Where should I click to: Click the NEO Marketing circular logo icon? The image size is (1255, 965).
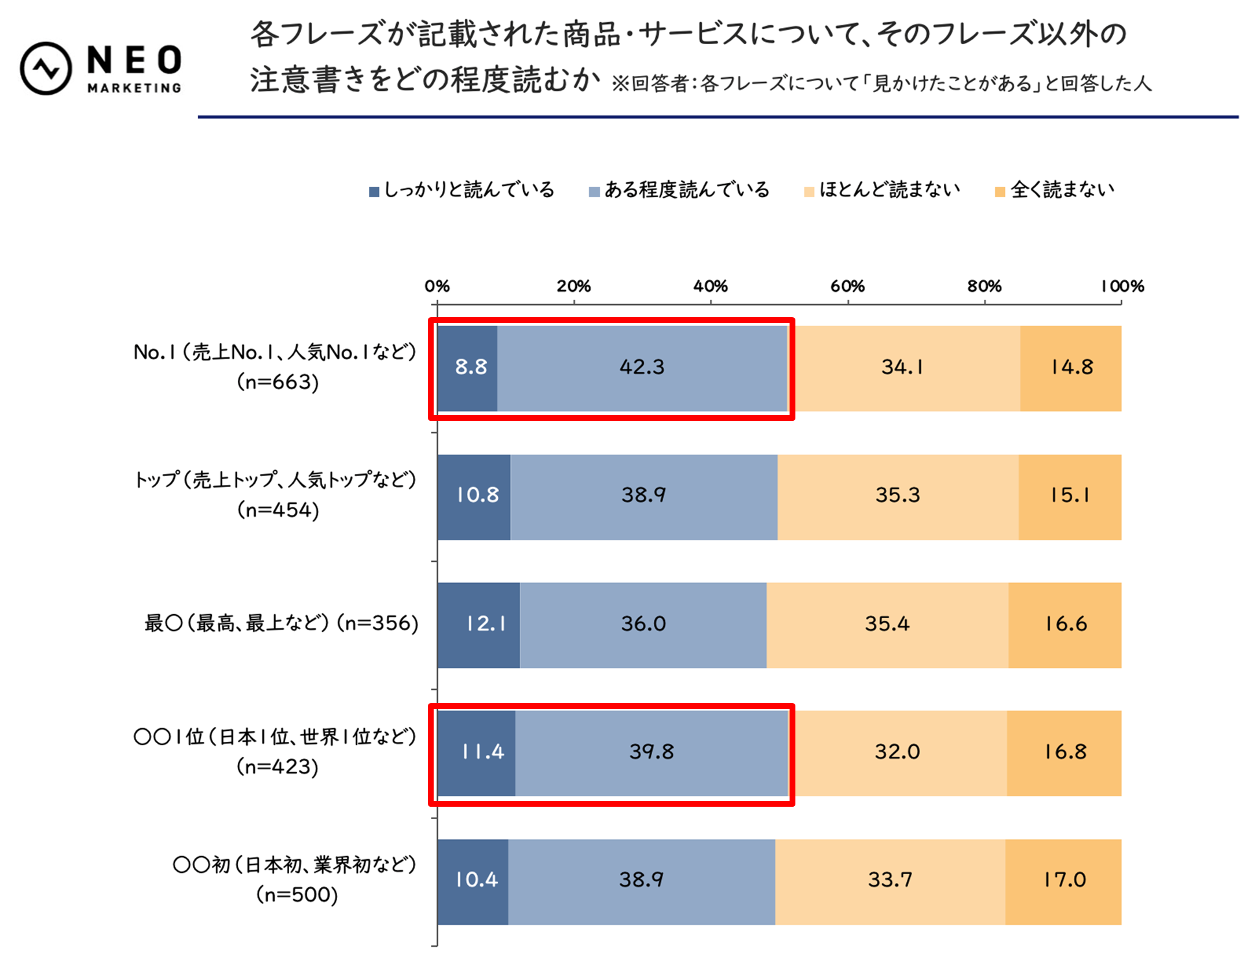tap(45, 68)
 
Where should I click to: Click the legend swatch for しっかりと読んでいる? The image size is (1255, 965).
tap(374, 191)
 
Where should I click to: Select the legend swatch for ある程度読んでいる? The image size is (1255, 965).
tap(594, 191)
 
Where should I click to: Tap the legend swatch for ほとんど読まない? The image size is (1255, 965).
tap(808, 191)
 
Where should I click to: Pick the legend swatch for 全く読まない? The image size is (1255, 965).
tap(1000, 191)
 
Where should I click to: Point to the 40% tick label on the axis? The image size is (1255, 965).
tap(710, 286)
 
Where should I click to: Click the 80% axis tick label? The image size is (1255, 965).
tap(984, 286)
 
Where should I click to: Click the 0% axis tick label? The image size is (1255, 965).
tap(437, 286)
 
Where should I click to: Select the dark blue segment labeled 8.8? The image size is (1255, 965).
tap(467, 368)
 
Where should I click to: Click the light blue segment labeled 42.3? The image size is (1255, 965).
tap(642, 368)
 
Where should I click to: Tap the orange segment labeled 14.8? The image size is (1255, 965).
tap(1071, 368)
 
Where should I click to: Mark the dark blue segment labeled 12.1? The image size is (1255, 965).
tap(478, 625)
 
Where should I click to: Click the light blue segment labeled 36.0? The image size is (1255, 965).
tap(643, 625)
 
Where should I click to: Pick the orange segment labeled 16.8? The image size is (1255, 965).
tap(1064, 752)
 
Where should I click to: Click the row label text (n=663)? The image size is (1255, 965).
tap(277, 382)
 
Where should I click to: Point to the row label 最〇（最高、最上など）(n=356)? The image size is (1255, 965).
tap(281, 623)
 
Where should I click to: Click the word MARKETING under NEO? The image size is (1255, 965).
tap(134, 88)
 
